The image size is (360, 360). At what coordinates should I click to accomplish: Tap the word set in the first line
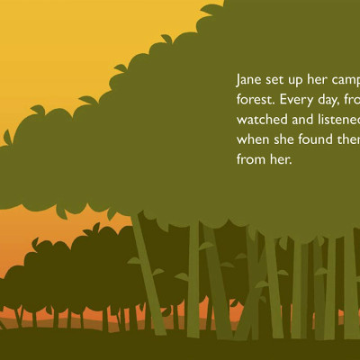click(279, 80)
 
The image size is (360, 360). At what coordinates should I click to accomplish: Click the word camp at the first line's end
click(349, 82)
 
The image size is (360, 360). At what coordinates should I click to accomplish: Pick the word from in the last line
click(252, 160)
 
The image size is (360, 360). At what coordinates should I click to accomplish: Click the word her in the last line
click(282, 160)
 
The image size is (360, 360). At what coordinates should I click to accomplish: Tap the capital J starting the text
click(238, 80)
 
